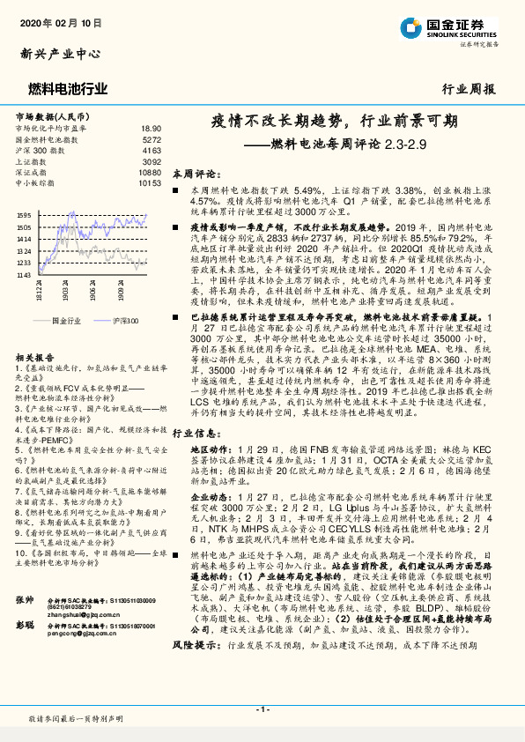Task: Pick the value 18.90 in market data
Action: (x=151, y=128)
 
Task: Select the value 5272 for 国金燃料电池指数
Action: (x=151, y=139)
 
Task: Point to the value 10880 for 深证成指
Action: (x=149, y=172)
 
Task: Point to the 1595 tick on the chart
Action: (x=23, y=215)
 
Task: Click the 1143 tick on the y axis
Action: (x=23, y=275)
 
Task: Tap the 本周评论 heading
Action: (x=194, y=174)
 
